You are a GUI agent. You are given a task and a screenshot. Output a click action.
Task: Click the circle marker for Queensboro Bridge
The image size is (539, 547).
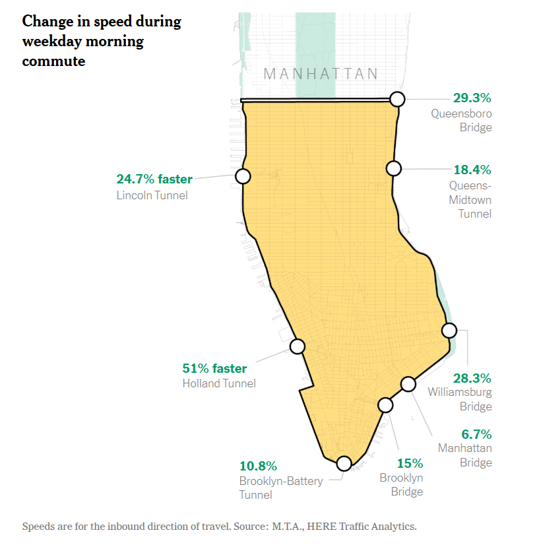[x=397, y=99]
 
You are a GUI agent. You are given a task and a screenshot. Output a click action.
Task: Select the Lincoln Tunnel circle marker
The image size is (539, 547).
[x=243, y=176]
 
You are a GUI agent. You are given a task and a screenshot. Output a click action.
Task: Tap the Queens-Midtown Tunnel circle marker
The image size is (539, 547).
[x=394, y=168]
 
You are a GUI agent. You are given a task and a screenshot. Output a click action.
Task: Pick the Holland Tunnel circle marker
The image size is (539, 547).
[x=298, y=346]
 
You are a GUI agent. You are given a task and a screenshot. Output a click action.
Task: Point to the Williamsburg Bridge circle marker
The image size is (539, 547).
[x=449, y=331]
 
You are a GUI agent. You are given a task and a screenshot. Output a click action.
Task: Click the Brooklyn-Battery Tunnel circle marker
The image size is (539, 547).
[x=344, y=463]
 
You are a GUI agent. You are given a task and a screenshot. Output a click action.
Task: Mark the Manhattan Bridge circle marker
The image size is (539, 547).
[x=408, y=384]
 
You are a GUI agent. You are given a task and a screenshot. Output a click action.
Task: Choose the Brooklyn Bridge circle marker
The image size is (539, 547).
[x=385, y=404]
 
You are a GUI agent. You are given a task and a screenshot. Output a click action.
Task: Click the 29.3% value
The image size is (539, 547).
[x=472, y=98]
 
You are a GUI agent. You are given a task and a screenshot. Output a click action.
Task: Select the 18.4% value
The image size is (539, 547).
[x=472, y=170]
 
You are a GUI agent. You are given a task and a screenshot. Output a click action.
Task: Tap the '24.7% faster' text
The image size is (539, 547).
[x=154, y=179]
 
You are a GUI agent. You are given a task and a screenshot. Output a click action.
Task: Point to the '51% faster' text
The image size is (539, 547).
[x=214, y=368]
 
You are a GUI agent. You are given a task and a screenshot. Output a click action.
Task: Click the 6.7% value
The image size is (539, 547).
[x=476, y=434]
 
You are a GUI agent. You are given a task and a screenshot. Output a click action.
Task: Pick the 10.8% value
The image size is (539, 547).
[x=258, y=466]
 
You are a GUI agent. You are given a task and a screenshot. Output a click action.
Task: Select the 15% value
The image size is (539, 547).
[x=410, y=463]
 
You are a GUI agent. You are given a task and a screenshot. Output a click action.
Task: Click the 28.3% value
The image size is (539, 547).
[x=472, y=378]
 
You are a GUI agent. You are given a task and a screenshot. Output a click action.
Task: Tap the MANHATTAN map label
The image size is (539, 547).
[x=321, y=74]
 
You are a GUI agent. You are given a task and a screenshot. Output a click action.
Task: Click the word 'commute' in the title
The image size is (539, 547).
[x=53, y=61]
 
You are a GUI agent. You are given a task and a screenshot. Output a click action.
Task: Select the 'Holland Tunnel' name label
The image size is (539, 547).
[x=219, y=383]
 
